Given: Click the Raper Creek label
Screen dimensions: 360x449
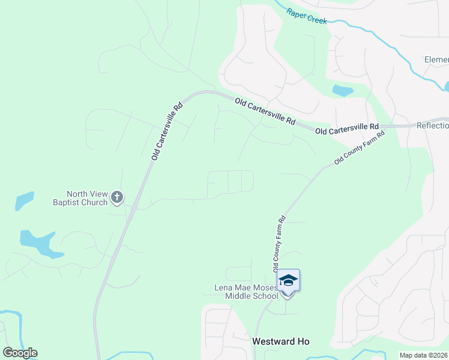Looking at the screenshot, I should [306, 16].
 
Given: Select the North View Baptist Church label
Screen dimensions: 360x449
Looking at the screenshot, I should [87, 198].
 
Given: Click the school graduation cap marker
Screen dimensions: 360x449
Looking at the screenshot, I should [288, 280].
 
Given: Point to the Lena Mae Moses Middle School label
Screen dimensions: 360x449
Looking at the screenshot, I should [247, 292].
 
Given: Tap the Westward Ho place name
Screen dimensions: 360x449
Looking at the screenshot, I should [280, 341].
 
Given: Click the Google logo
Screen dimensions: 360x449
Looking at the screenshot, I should [20, 353].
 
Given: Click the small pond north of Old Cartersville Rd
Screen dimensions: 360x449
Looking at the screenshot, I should [342, 91].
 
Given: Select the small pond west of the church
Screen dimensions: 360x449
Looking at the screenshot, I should [25, 200].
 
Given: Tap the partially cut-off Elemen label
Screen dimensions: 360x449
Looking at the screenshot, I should [436, 59].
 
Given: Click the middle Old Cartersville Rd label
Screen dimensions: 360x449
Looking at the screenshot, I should [265, 112].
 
